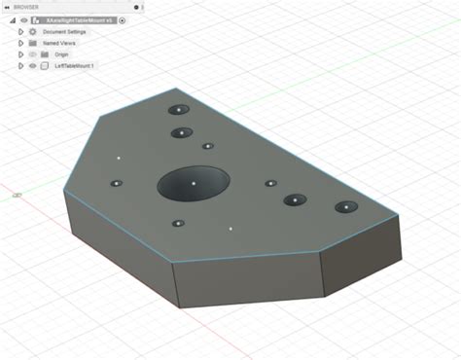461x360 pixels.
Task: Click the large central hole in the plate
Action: (x=194, y=183)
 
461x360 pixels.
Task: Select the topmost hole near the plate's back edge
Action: (x=178, y=110)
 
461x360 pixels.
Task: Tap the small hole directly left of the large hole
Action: (x=116, y=183)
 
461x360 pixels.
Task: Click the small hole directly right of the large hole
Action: (x=271, y=183)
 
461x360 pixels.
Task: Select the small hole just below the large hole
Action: (x=178, y=224)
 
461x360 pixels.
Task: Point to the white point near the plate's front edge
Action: (x=230, y=230)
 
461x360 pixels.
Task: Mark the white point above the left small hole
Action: (x=119, y=157)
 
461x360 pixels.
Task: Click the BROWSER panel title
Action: (x=26, y=7)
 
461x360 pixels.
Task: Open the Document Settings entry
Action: (x=64, y=31)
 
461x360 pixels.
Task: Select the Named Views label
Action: (x=59, y=43)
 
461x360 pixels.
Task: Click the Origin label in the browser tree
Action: (x=61, y=54)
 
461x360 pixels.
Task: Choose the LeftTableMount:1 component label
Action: (x=75, y=66)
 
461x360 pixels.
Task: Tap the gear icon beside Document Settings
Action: (x=32, y=31)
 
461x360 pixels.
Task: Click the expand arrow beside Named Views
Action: (x=20, y=43)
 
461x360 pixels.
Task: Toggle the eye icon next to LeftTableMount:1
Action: (x=32, y=66)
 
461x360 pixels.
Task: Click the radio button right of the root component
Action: (x=123, y=19)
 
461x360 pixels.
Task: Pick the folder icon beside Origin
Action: (x=45, y=54)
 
